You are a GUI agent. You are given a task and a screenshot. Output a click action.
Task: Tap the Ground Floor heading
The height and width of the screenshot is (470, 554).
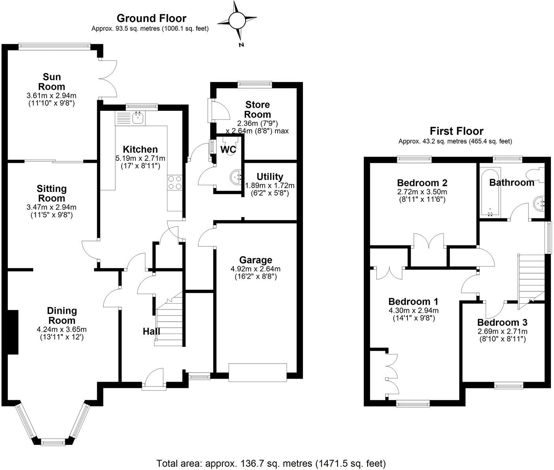[151, 18]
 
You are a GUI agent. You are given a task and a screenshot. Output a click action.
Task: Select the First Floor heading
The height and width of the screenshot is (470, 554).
[456, 131]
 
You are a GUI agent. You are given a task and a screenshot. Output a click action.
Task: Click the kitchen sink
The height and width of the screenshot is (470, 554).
[138, 117]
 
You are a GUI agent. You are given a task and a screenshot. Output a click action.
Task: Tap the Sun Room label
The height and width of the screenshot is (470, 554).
[52, 82]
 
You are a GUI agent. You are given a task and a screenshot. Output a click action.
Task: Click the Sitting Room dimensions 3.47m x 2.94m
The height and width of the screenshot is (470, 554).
[51, 207]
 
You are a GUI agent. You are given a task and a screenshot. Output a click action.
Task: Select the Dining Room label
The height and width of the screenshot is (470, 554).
[62, 315]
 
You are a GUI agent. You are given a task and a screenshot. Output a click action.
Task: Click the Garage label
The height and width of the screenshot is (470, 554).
[255, 260]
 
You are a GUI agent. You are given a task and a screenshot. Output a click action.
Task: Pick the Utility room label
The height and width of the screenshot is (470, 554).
[270, 177]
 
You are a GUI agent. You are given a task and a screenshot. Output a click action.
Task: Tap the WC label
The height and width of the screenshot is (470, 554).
[228, 150]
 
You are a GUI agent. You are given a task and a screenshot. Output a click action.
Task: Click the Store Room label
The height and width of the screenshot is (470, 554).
[257, 109]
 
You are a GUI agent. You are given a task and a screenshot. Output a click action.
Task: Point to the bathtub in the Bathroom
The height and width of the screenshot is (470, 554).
[490, 192]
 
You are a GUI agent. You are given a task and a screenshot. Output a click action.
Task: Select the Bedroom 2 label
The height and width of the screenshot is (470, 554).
[422, 183]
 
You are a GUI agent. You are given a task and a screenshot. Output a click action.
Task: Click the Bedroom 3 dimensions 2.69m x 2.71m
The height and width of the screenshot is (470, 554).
[502, 332]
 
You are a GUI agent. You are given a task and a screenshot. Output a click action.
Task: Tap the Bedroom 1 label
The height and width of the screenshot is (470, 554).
[413, 302]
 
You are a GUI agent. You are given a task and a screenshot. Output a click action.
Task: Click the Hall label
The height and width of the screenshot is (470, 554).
[151, 331]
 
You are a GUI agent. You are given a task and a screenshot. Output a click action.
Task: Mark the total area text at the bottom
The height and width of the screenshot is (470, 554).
[271, 463]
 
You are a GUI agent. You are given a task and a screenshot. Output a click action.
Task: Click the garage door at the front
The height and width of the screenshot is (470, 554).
[257, 373]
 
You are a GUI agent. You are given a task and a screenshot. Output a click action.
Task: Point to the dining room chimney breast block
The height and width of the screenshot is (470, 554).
[13, 332]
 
